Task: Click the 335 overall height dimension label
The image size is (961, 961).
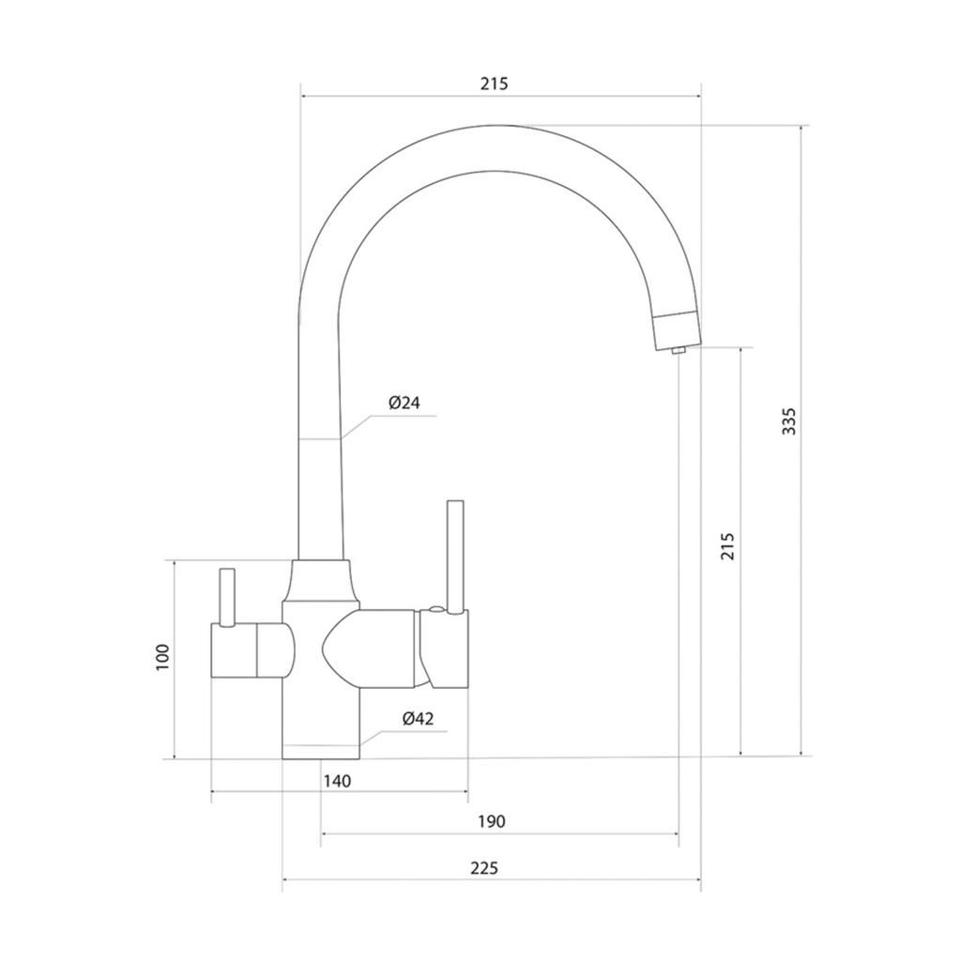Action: coord(790,421)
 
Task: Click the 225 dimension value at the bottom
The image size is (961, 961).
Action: coord(484,868)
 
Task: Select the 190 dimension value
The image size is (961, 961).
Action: coord(492,821)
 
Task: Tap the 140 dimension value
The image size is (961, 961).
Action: coord(337,781)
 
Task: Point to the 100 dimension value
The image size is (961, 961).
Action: coord(162,658)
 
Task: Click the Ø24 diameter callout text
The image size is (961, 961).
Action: coord(404,403)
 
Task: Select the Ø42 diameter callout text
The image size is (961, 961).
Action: coord(418,718)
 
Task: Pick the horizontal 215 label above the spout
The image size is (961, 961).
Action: coord(494,84)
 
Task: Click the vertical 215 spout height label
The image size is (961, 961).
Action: coord(727,546)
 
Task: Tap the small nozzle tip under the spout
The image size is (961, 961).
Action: coord(678,351)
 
